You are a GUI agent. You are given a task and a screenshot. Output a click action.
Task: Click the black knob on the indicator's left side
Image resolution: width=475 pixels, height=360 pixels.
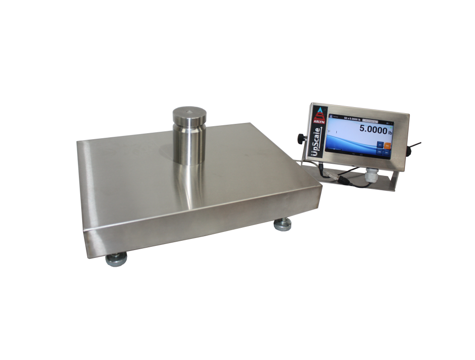301,138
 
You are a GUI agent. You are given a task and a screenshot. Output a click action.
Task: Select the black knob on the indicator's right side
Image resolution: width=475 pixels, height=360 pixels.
410,151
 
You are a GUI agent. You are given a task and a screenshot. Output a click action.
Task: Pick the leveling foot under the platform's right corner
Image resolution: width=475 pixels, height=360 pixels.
282,225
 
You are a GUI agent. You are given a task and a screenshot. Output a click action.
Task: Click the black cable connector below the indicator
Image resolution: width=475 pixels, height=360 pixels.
344,178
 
